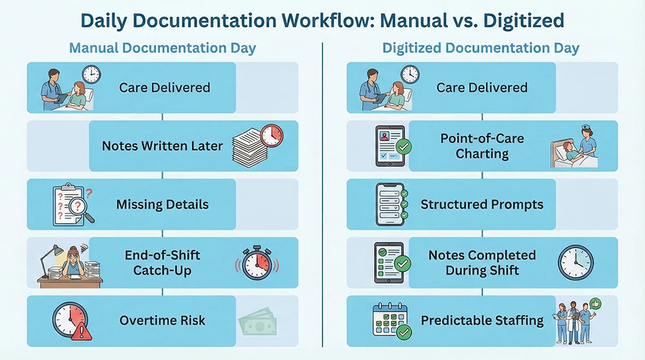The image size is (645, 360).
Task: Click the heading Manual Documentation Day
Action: pos(163,48)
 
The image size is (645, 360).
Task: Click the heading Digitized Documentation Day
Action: pos(481,48)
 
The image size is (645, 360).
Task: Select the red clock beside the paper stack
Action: pos(272,135)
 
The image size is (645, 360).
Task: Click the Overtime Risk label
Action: pos(163,321)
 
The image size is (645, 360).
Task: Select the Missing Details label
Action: pos(163,205)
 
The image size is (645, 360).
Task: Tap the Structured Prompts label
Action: pos(482,205)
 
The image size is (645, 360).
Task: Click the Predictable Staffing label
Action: pos(482,321)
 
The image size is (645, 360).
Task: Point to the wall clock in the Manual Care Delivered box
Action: pos(91,74)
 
